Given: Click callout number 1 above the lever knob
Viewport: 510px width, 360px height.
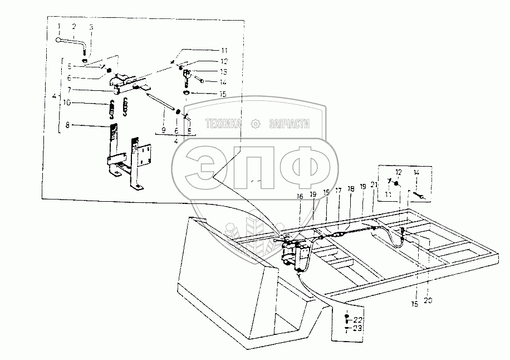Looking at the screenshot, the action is [x=58, y=27].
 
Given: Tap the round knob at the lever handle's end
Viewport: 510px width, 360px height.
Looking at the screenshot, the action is [x=58, y=39].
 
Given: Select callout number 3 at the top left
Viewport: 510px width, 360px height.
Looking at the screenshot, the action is [x=91, y=27].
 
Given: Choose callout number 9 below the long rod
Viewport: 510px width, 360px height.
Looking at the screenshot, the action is [x=164, y=129].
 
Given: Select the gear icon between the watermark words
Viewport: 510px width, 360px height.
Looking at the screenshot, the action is [x=256, y=124].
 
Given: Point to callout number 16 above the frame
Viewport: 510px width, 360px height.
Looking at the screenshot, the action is [x=300, y=196].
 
